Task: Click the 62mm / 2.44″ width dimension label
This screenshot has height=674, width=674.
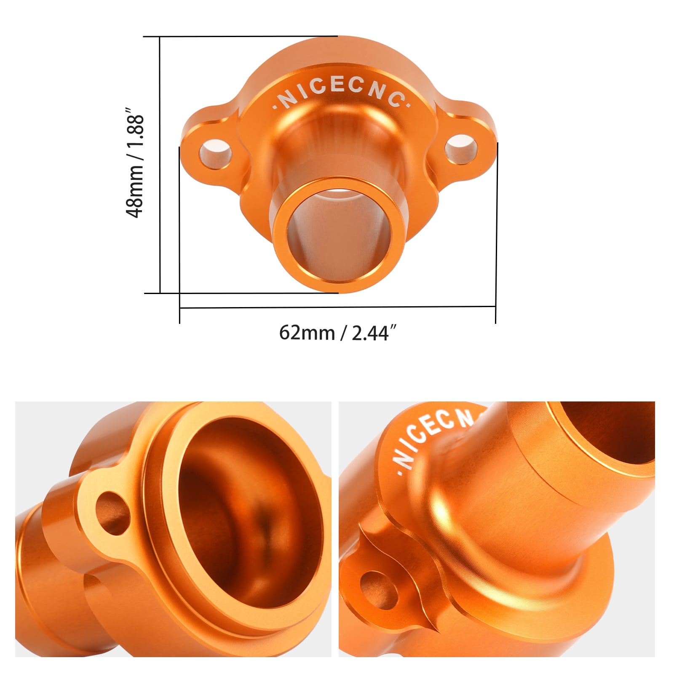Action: point(338,333)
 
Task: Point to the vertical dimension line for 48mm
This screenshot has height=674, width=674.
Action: point(160,164)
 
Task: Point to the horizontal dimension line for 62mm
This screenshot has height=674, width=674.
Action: point(337,307)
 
